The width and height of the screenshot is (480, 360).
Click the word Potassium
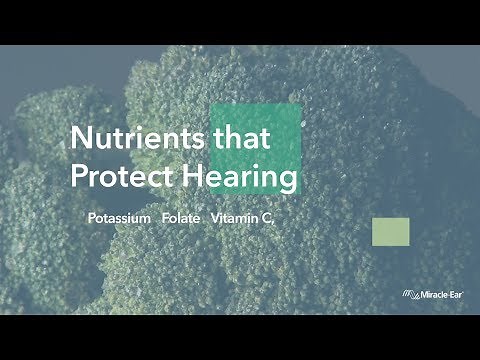[x=118, y=217]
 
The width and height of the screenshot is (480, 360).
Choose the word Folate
[x=181, y=217]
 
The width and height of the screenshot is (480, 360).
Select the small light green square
[x=391, y=230]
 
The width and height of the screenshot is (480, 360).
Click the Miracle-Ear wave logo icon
[x=409, y=293]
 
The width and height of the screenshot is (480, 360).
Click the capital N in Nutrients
[x=77, y=140]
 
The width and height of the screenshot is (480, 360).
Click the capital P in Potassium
[x=91, y=217]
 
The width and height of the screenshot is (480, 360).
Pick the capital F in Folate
[x=165, y=217]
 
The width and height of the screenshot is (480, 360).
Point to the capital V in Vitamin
[x=215, y=217]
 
